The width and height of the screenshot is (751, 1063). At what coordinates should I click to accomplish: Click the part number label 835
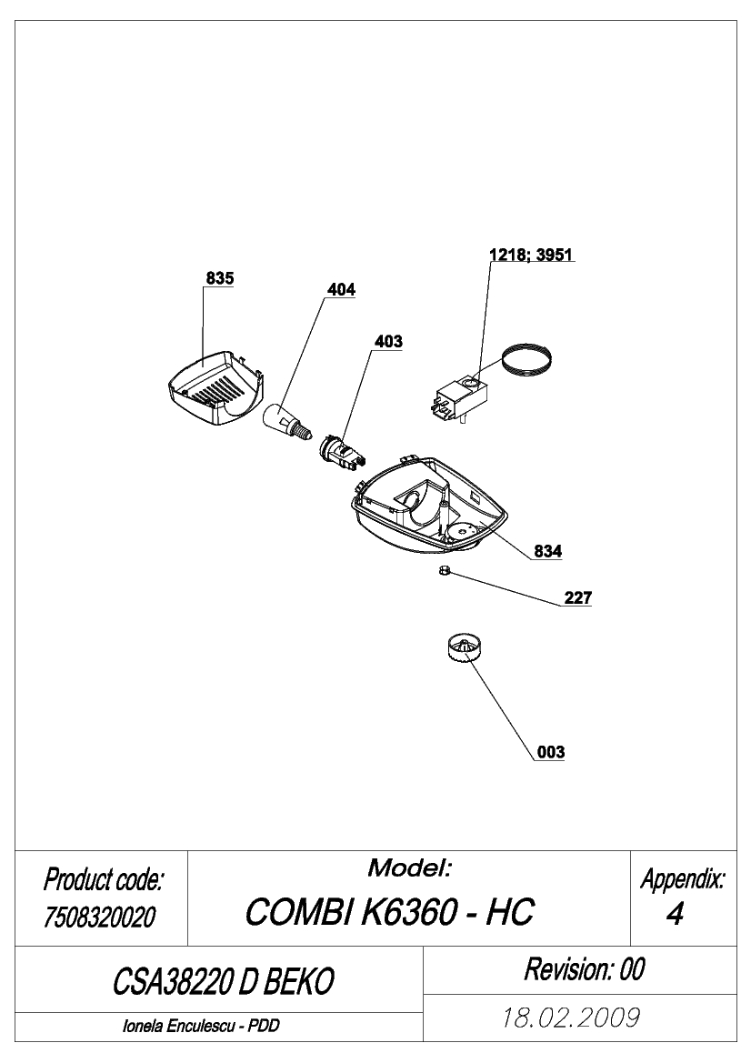pyautogui.click(x=220, y=278)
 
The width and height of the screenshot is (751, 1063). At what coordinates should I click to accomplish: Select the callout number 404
pyautogui.click(x=341, y=289)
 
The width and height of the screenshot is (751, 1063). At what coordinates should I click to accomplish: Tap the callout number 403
pyautogui.click(x=388, y=341)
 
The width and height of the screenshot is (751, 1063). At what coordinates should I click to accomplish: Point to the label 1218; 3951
pyautogui.click(x=531, y=255)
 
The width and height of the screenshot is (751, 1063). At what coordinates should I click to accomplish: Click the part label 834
pyautogui.click(x=547, y=551)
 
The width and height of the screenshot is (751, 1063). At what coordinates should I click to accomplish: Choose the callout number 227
pyautogui.click(x=578, y=598)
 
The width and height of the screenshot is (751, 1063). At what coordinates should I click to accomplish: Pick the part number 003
pyautogui.click(x=550, y=752)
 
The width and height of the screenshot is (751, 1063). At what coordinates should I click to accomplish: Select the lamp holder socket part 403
pyautogui.click(x=342, y=452)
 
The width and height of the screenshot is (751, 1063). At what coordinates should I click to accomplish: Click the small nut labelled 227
pyautogui.click(x=444, y=572)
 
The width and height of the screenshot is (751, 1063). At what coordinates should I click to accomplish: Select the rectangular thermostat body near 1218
pyautogui.click(x=462, y=400)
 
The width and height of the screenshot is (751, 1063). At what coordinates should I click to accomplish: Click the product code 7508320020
pyautogui.click(x=100, y=918)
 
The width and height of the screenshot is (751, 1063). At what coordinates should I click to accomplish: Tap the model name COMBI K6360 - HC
pyautogui.click(x=390, y=912)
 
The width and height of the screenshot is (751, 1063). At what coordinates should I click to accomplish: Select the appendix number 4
pyautogui.click(x=675, y=915)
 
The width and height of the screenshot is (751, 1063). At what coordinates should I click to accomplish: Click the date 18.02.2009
pyautogui.click(x=571, y=1018)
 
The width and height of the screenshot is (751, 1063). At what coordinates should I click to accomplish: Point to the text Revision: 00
pyautogui.click(x=585, y=969)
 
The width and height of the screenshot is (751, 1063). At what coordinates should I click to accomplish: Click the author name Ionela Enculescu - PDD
pyautogui.click(x=201, y=1026)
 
